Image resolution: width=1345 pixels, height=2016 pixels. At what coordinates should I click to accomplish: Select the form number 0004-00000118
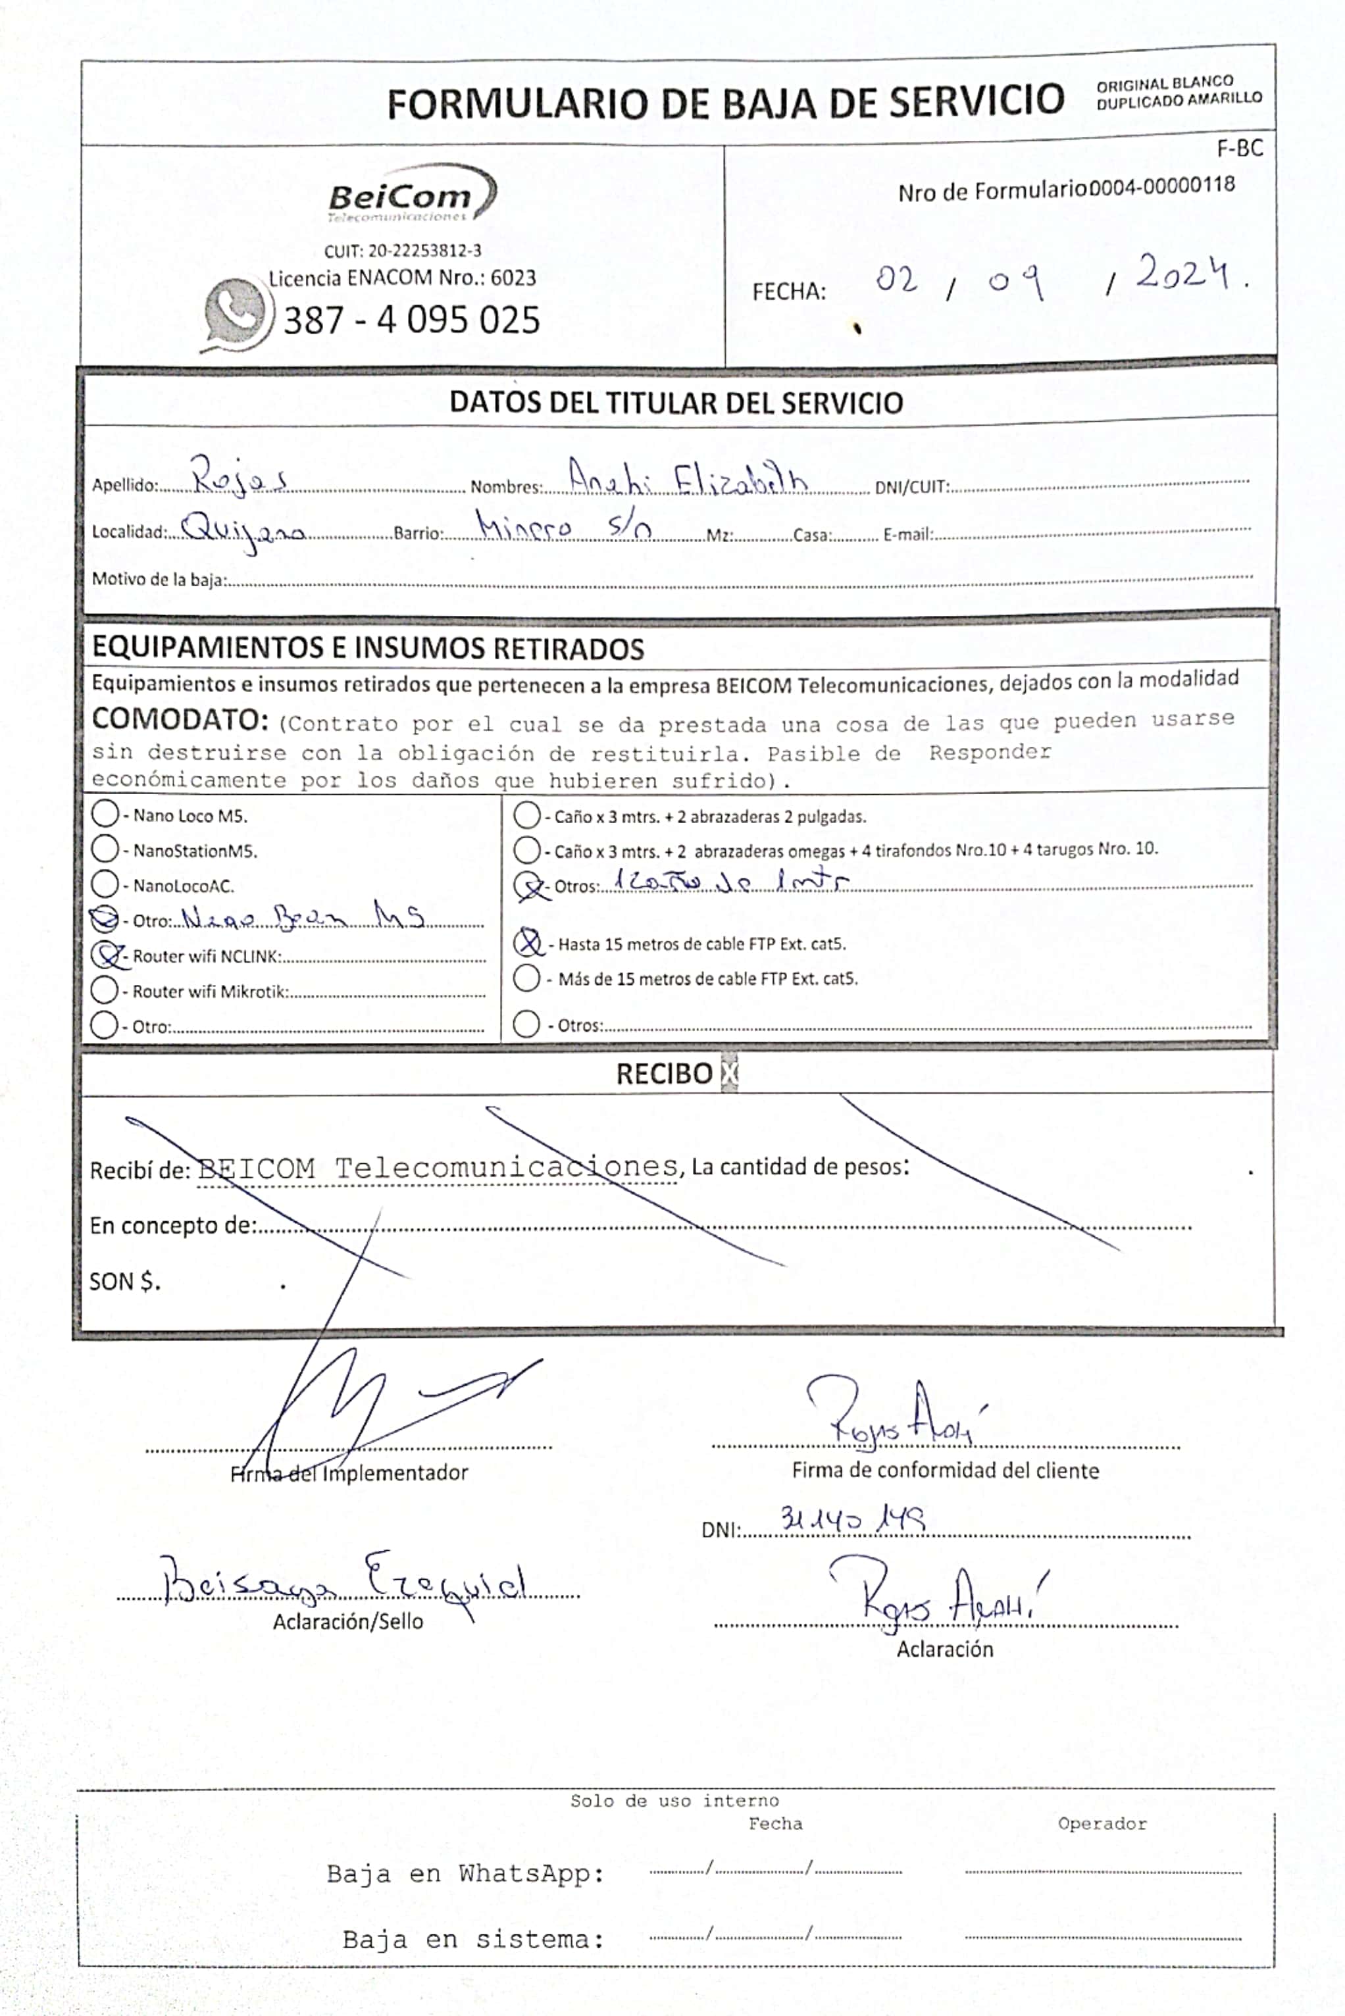click(x=1161, y=186)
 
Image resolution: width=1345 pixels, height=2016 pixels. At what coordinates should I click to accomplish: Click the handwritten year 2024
click(x=1186, y=274)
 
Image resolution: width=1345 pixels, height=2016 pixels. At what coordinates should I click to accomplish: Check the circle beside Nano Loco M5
click(x=105, y=814)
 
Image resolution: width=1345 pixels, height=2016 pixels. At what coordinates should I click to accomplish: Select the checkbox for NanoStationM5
click(x=105, y=849)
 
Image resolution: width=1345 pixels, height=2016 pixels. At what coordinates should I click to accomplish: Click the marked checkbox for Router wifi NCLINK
click(x=105, y=955)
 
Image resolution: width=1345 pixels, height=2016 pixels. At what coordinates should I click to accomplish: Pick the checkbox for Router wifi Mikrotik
click(x=105, y=990)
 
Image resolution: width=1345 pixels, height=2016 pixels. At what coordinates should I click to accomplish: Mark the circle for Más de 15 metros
click(x=526, y=978)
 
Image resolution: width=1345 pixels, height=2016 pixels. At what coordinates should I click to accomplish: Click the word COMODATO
click(x=180, y=718)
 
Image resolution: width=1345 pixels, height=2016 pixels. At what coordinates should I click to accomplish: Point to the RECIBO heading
click(x=664, y=1074)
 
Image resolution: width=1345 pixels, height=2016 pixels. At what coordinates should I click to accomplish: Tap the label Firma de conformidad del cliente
click(x=944, y=1471)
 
